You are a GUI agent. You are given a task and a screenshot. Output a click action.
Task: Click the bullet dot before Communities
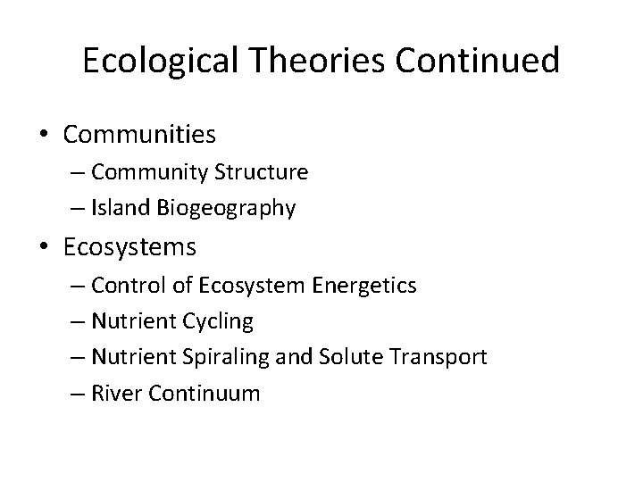[x=45, y=136]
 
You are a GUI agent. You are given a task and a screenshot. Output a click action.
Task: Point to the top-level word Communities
[x=140, y=136]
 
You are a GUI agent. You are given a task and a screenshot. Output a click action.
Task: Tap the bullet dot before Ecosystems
[x=45, y=246]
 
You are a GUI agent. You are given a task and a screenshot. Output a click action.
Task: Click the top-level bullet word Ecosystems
[x=130, y=246]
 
